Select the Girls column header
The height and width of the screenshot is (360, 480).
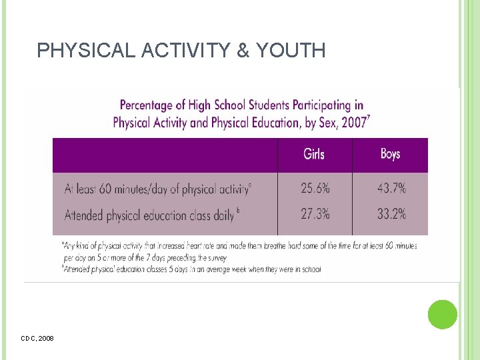[314, 155]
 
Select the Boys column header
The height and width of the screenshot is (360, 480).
[390, 155]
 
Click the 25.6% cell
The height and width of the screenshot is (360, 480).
[315, 189]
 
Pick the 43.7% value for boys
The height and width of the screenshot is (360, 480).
[391, 189]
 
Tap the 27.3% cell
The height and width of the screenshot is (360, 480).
[315, 215]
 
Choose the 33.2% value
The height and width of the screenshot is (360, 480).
[391, 215]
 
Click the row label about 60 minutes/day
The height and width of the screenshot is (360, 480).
[157, 189]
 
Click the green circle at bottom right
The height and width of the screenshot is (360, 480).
[442, 315]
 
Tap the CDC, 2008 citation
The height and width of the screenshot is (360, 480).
[37, 339]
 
